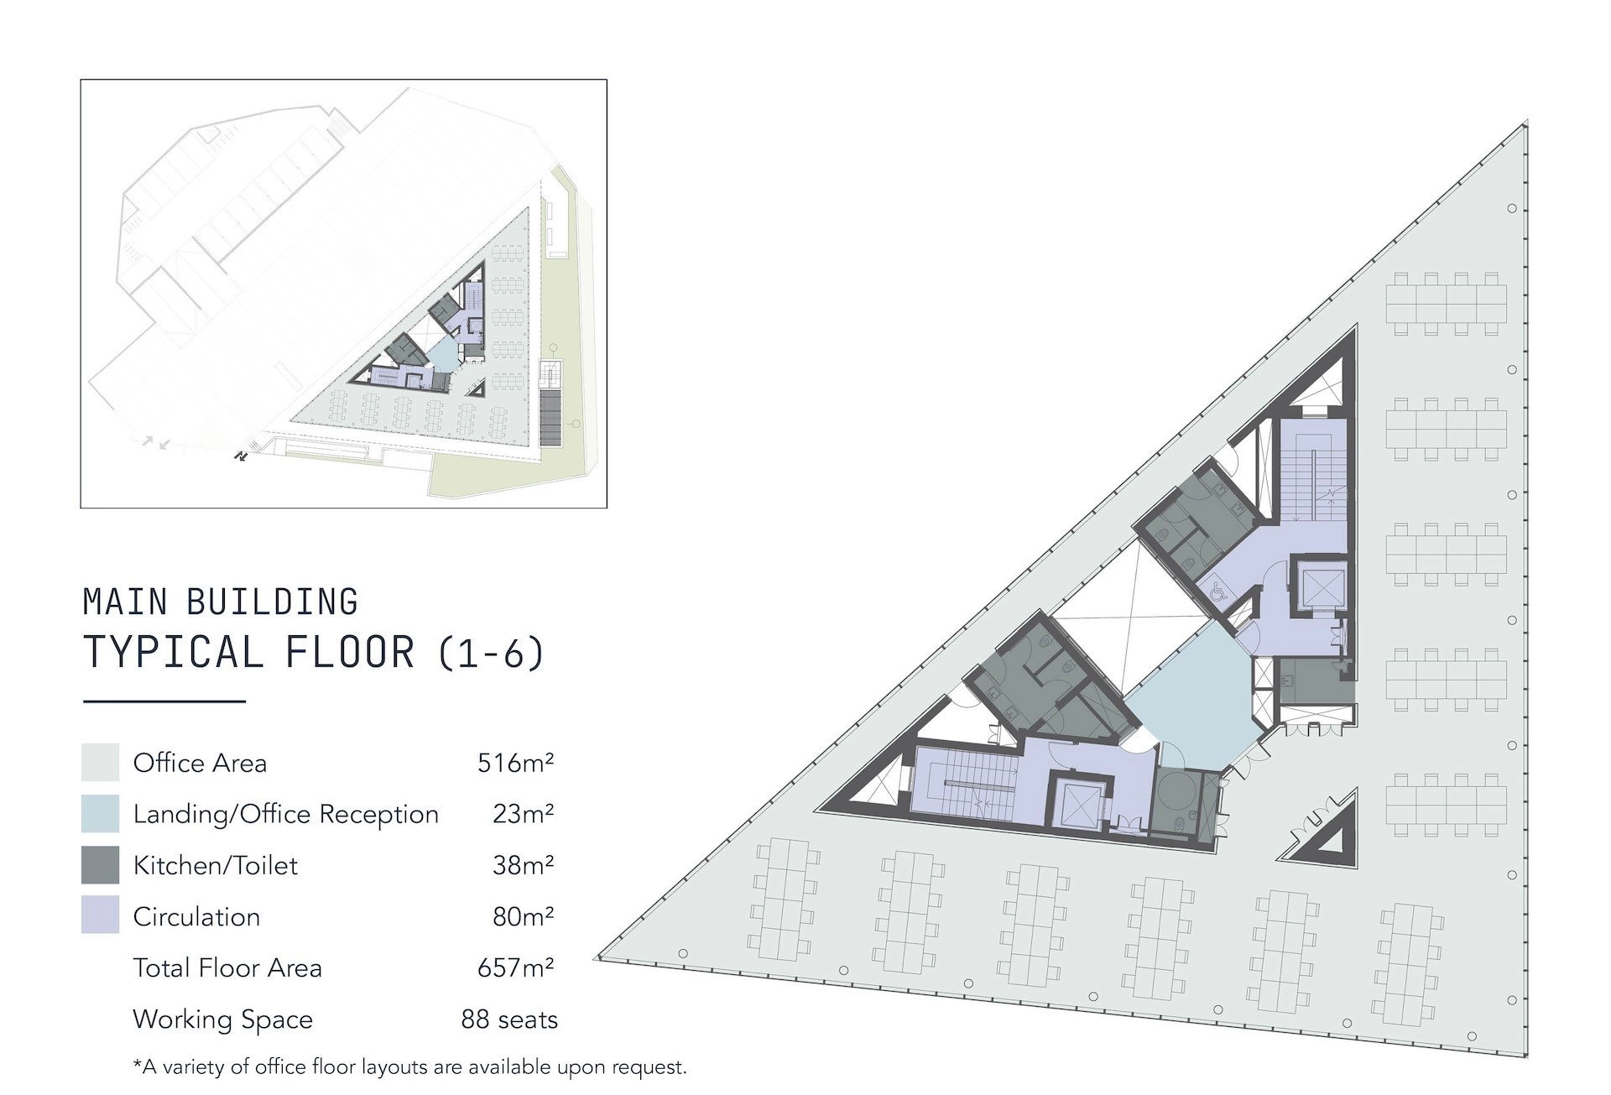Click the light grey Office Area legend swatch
100,762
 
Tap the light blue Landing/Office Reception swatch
100,813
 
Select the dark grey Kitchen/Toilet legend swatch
100,864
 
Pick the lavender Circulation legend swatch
100,915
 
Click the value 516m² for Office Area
515,762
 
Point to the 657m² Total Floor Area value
515,967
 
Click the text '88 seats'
509,1019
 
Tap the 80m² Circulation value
523,915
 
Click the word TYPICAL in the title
174,652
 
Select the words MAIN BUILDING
221,602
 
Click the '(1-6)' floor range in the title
491,653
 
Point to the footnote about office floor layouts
410,1067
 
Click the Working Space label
222,1019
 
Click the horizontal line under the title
164,701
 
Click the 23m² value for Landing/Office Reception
523,813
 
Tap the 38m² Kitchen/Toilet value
523,864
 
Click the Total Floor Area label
227,967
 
